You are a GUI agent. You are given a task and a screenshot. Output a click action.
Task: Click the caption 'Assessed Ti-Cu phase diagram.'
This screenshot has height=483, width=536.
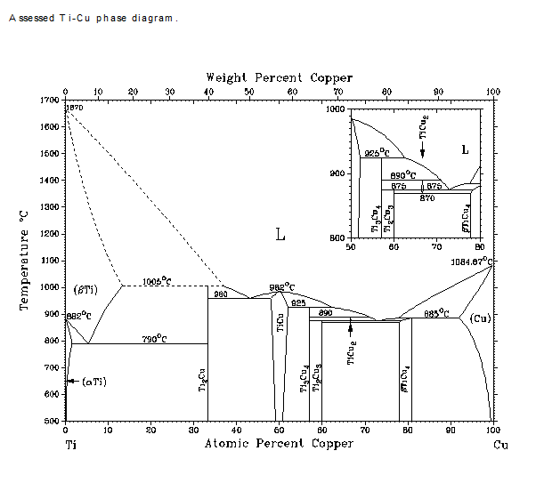(93, 18)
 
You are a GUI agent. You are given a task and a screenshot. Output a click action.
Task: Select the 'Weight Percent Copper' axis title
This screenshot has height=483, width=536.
(279, 78)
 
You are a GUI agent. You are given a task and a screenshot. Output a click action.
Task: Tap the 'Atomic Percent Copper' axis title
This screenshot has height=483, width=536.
(279, 443)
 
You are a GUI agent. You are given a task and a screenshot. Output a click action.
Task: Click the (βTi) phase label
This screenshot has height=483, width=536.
(85, 289)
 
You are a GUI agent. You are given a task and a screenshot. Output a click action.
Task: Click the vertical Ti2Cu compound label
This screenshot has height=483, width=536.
(202, 383)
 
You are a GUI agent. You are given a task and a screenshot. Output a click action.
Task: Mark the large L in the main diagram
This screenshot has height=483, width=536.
(280, 236)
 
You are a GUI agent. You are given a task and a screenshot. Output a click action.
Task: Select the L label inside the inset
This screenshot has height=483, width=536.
(464, 149)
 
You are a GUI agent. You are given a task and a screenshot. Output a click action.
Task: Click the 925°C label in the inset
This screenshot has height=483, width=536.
(372, 154)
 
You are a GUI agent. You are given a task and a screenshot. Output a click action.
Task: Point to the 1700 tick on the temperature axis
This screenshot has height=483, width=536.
(51, 101)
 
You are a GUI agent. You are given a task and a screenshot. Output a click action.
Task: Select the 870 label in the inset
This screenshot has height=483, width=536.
(426, 197)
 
